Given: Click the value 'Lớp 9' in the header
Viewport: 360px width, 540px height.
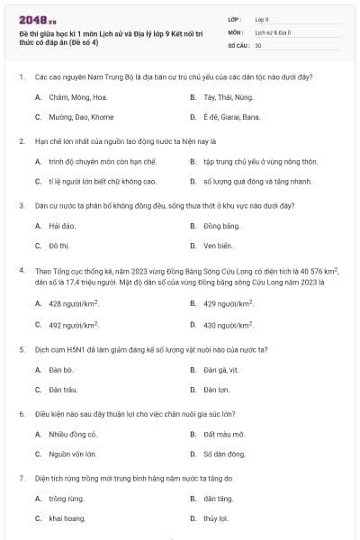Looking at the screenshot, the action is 262,18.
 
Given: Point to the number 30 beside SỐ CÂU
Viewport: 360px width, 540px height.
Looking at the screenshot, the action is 258,44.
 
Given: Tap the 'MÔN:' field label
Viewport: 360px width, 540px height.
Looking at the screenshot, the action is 237,31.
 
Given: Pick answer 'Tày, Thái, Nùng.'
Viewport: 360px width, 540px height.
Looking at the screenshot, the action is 229,96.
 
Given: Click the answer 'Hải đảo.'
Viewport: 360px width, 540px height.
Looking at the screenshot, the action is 61,226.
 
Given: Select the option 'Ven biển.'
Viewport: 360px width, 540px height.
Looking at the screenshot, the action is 219,245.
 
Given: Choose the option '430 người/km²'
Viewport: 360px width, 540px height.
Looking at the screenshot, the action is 229,325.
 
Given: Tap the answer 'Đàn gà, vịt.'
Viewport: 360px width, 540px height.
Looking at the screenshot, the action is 222,369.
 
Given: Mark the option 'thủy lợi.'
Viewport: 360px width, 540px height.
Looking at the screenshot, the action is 217,519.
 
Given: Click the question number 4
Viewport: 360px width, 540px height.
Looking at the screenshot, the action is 21,270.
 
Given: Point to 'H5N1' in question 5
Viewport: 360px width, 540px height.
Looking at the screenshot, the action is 69,348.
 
